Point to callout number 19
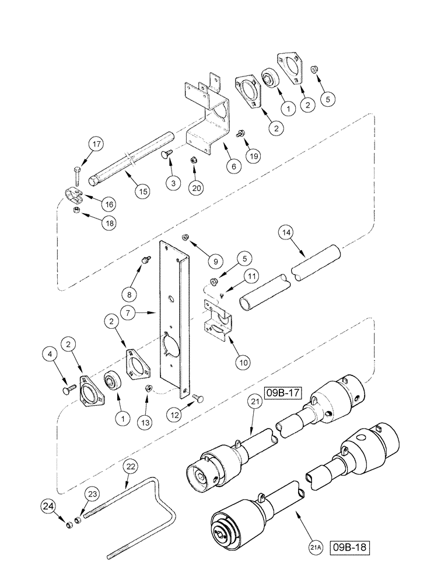click(x=253, y=156)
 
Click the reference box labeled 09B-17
click(x=285, y=392)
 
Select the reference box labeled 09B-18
click(x=352, y=549)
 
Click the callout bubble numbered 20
click(x=197, y=187)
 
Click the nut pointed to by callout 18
click(x=76, y=211)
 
